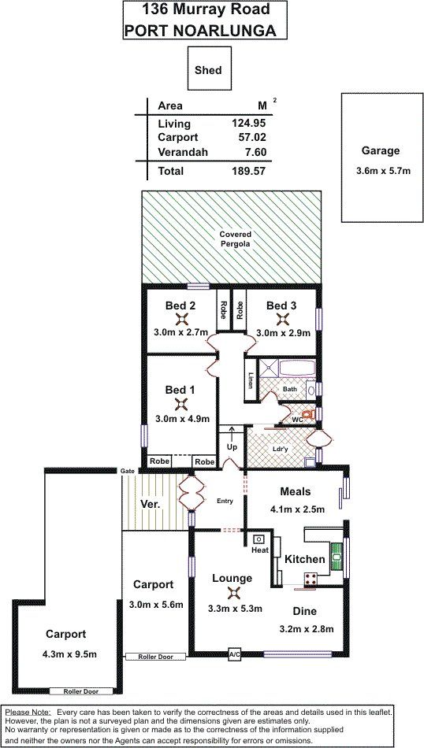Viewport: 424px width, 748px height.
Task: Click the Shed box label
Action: point(208,70)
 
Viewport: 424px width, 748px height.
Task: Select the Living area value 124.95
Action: point(248,123)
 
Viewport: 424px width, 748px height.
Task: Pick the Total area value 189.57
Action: point(248,170)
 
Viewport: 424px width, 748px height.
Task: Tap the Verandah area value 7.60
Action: point(255,152)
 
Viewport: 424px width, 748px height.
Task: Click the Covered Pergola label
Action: point(235,239)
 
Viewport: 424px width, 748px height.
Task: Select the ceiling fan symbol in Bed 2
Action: point(180,319)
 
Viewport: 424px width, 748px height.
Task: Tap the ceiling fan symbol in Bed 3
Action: point(281,319)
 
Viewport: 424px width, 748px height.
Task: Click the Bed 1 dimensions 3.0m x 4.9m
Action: point(182,419)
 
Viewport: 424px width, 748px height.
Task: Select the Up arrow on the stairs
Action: point(232,435)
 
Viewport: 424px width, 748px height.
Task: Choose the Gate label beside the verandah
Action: point(127,471)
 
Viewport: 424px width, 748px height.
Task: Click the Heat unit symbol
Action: point(258,539)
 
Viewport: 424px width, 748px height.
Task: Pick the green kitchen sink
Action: point(337,557)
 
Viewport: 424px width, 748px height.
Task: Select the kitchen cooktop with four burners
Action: point(311,580)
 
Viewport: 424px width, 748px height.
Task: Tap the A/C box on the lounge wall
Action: point(234,654)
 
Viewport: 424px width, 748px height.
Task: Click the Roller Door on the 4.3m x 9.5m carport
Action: point(82,691)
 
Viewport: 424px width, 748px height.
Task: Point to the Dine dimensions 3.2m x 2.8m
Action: point(305,629)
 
